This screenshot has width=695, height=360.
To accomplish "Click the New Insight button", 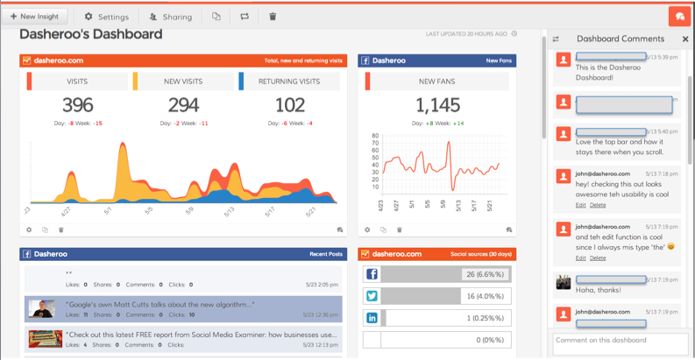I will pyautogui.click(x=34, y=16).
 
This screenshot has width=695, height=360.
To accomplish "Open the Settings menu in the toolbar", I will pyautogui.click(x=106, y=17).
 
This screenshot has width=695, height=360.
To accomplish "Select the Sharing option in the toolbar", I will pyautogui.click(x=170, y=17).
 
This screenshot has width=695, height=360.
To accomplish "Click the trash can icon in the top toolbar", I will pyautogui.click(x=273, y=17).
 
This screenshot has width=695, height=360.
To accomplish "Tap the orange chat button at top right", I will pyautogui.click(x=679, y=17).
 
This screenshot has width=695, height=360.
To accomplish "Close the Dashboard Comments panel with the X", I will pyautogui.click(x=685, y=39).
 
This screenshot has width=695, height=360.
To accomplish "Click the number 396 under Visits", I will pyautogui.click(x=77, y=105).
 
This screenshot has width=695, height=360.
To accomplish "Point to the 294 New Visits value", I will pyautogui.click(x=183, y=105).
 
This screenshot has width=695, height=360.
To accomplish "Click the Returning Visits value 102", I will pyautogui.click(x=289, y=105).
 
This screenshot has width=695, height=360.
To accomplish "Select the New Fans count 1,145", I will pyautogui.click(x=437, y=105).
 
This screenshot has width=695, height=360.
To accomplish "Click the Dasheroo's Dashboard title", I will pyautogui.click(x=91, y=34).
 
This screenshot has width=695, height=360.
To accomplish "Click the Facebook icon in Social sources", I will pyautogui.click(x=372, y=275).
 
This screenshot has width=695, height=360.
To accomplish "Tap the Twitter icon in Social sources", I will pyautogui.click(x=372, y=297).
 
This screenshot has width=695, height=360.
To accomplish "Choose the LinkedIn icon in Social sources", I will pyautogui.click(x=372, y=318).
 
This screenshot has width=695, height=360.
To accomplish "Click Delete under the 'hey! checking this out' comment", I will pyautogui.click(x=597, y=205).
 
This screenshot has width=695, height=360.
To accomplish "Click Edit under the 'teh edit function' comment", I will pyautogui.click(x=580, y=258).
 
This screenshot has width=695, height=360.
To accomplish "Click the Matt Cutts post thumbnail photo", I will pyautogui.click(x=41, y=308).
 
